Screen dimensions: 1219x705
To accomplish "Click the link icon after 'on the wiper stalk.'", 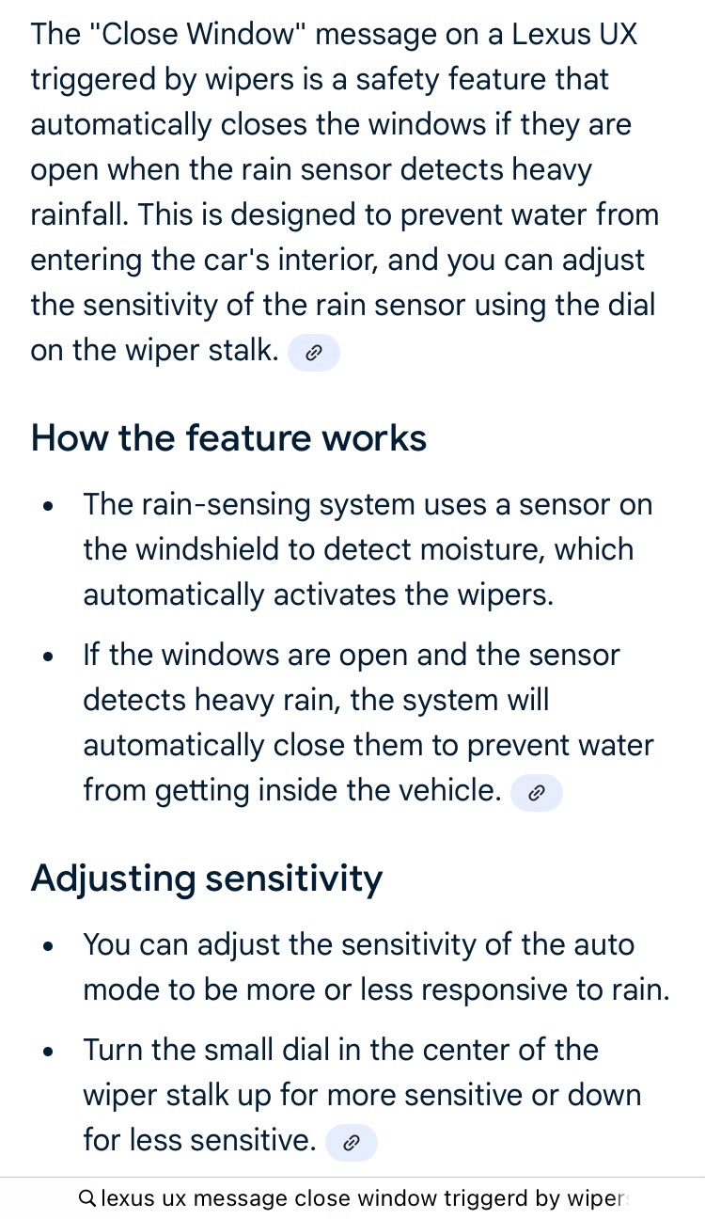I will [x=313, y=353].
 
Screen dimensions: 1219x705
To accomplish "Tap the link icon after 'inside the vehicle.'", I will [x=536, y=793].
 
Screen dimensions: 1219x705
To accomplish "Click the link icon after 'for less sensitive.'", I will [x=351, y=1143].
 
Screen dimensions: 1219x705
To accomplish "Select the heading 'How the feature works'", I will [x=228, y=438].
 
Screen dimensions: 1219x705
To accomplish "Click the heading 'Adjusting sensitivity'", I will [x=207, y=879].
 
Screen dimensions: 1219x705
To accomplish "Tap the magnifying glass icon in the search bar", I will [x=87, y=1198].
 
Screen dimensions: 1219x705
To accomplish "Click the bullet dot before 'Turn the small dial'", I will [x=48, y=1052].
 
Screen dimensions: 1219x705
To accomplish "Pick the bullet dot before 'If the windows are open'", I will [x=48, y=657].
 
